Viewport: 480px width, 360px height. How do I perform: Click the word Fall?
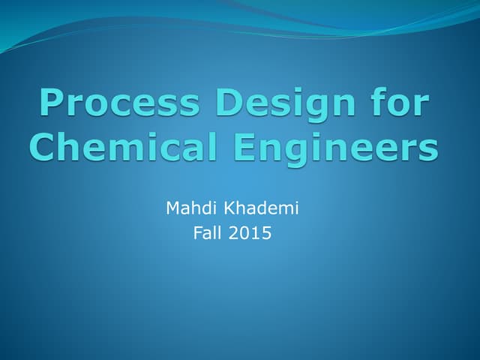[208, 234]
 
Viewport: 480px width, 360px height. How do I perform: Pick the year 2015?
[250, 234]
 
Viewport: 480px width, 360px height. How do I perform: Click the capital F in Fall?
[197, 234]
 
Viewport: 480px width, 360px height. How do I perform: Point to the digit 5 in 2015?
[266, 234]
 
